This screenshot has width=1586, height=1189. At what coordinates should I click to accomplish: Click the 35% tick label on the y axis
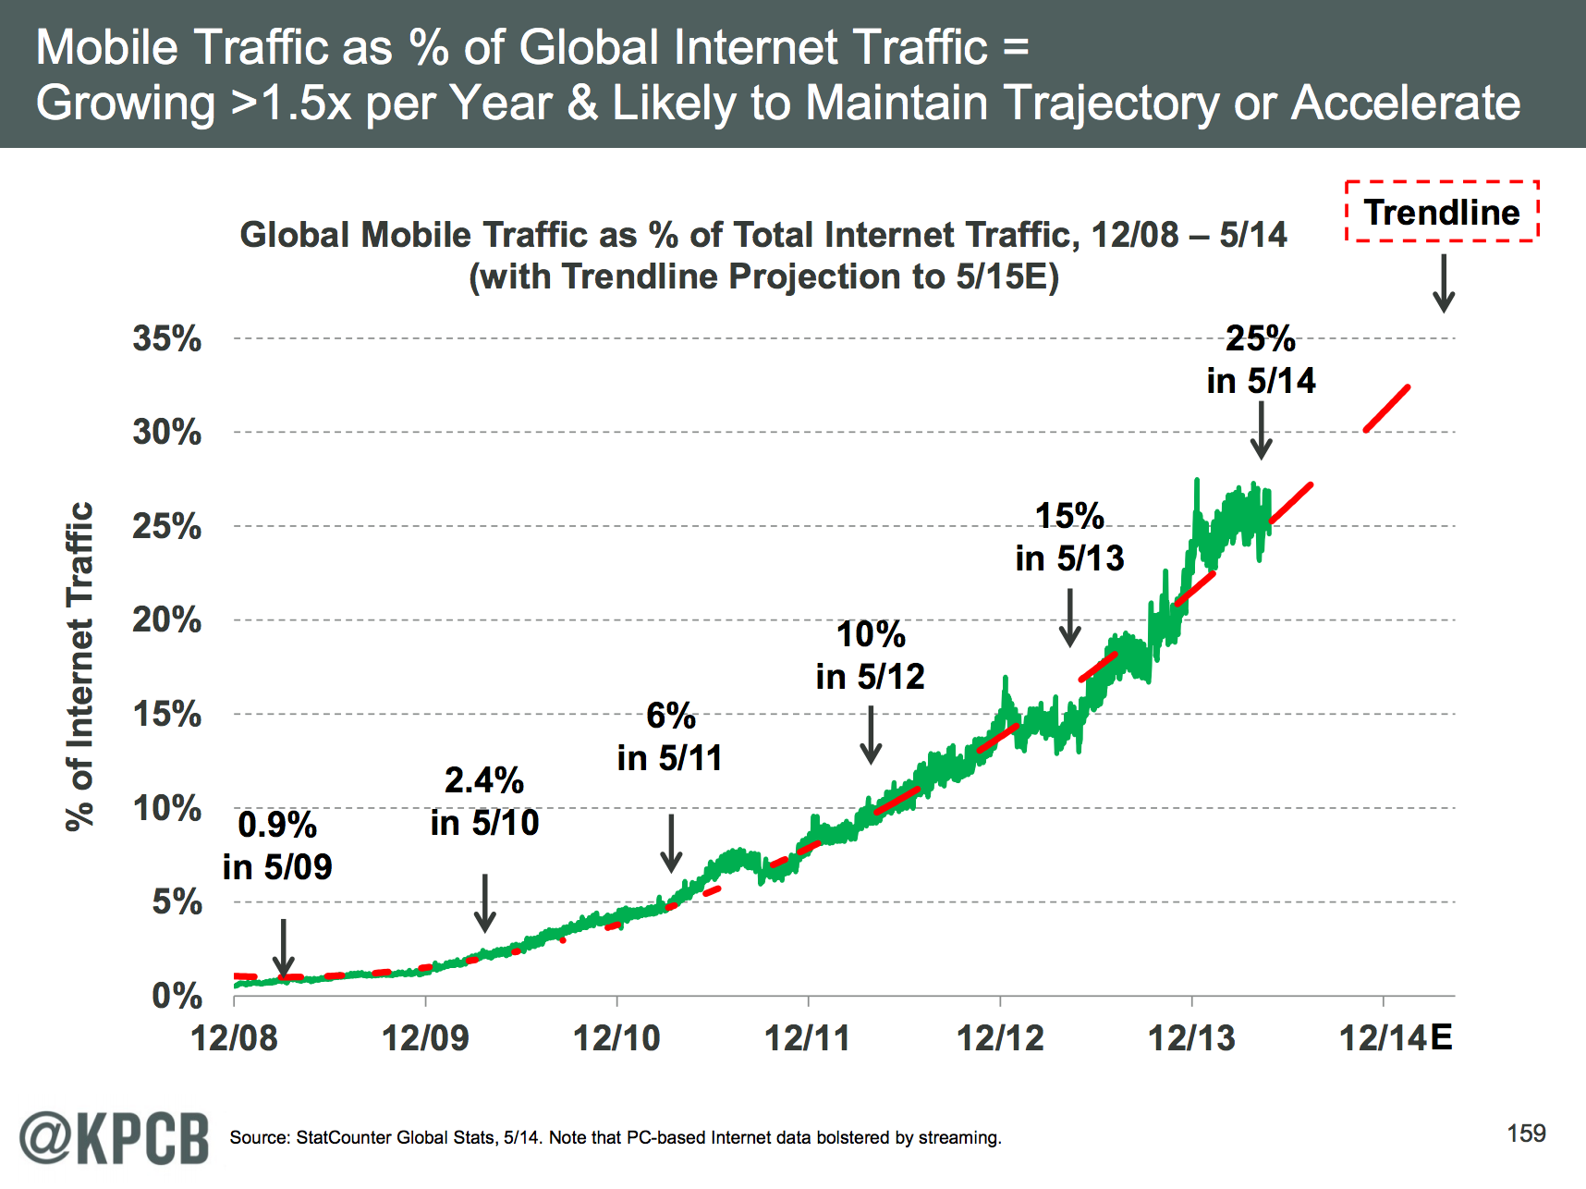[166, 338]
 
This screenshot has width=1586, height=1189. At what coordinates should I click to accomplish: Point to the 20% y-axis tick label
[166, 619]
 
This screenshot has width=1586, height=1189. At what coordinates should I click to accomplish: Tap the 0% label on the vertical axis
[177, 996]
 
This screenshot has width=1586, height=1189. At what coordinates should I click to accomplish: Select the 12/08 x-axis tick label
[234, 1038]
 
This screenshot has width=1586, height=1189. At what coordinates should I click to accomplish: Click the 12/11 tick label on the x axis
[808, 1038]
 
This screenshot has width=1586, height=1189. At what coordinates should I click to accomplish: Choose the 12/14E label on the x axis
[1396, 1038]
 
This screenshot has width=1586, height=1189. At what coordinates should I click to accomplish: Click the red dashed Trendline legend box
[1442, 212]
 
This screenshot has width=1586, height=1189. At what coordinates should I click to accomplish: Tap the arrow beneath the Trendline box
[1444, 284]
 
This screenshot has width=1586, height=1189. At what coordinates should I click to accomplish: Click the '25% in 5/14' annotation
[1261, 360]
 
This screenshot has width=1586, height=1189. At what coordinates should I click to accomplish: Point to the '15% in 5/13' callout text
[1069, 537]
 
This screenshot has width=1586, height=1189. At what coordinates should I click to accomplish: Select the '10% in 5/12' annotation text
[870, 656]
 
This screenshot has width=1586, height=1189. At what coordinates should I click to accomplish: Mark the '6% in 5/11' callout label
[670, 737]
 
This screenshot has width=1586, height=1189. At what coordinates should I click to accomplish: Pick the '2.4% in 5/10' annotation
[484, 802]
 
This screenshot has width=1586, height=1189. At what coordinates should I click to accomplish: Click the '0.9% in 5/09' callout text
[277, 846]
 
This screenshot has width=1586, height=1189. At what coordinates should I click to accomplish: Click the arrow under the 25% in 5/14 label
[1261, 430]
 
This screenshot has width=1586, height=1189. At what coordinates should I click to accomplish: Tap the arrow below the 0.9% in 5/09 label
[284, 948]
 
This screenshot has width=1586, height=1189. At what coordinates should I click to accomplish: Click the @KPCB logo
[115, 1137]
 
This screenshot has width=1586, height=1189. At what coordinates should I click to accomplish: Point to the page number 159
[1526, 1134]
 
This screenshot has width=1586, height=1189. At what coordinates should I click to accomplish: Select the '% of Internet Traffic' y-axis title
[81, 666]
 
